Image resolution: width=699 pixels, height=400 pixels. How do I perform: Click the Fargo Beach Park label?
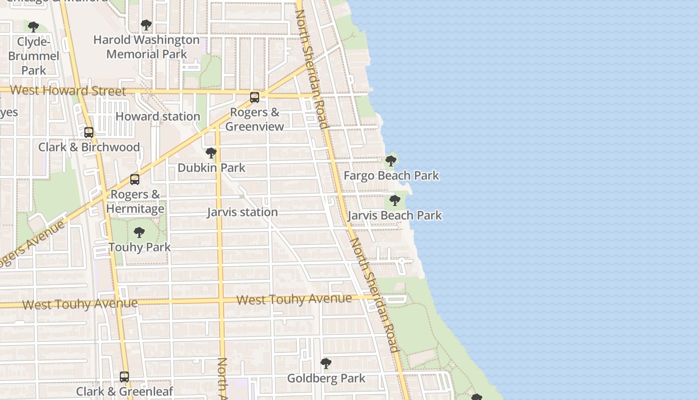tap(391, 175)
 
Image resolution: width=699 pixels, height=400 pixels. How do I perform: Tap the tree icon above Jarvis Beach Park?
tap(394, 200)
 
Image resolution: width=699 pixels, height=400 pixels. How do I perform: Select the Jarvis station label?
tap(242, 212)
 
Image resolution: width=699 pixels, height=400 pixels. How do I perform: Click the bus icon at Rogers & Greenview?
tap(255, 97)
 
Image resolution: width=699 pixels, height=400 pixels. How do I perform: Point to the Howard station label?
tap(158, 116)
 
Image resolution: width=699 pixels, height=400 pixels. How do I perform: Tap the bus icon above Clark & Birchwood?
tap(89, 132)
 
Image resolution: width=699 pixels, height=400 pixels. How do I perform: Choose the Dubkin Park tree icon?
tap(211, 152)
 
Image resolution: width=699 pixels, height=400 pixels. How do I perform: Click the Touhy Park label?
tap(140, 247)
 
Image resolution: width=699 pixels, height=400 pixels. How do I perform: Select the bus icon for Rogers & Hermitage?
tap(135, 179)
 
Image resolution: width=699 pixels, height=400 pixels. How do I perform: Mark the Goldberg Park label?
tap(327, 378)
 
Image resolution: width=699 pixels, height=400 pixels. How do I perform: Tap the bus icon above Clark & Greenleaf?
tap(124, 376)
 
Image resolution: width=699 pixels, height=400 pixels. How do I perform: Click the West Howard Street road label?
tap(68, 90)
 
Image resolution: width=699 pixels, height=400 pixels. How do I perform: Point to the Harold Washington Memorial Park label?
tap(146, 46)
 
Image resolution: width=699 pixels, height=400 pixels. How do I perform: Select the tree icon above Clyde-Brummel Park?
tap(33, 26)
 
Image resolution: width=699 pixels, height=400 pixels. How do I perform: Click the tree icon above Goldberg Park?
tap(326, 363)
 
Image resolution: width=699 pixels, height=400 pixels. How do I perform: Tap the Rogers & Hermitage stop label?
tap(135, 201)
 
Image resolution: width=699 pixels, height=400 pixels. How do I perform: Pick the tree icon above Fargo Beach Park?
tap(391, 161)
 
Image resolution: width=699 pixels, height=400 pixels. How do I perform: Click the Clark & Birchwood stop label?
tap(89, 147)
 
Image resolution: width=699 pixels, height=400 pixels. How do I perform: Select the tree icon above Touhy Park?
tap(139, 232)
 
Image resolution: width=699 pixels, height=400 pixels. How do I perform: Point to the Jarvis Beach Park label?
tap(394, 215)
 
